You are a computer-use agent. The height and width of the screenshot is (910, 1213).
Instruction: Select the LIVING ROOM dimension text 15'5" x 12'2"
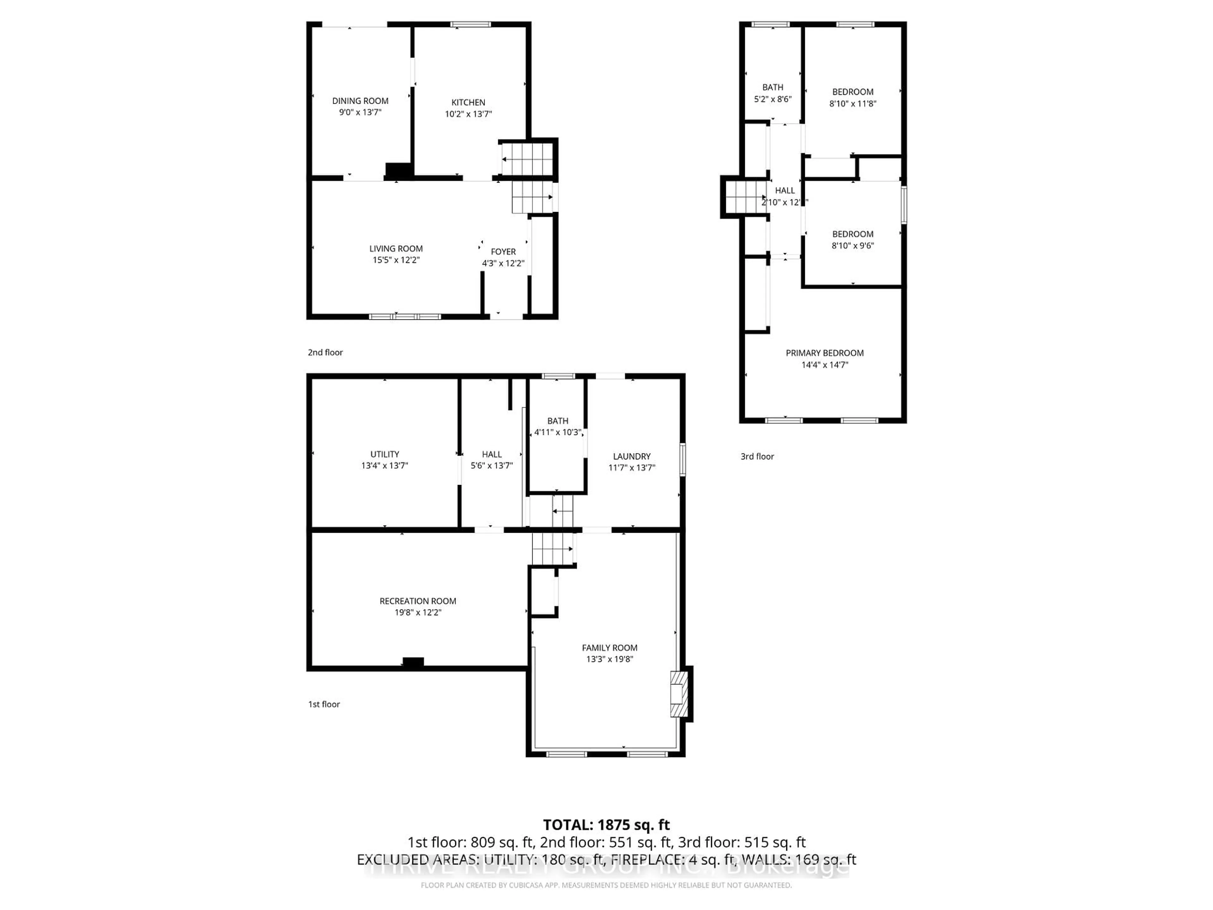click(x=395, y=260)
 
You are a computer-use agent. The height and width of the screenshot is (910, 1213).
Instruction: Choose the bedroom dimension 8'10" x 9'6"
click(x=852, y=246)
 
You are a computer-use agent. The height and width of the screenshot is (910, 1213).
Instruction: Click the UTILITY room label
click(x=384, y=454)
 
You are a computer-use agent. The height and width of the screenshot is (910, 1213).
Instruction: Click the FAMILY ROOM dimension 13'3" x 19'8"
click(x=609, y=659)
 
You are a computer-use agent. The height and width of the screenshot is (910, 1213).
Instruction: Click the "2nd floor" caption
click(x=325, y=353)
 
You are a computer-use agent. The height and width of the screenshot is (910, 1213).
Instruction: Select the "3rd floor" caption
click(x=757, y=456)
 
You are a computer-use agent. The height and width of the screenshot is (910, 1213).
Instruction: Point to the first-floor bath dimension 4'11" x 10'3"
click(x=557, y=432)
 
